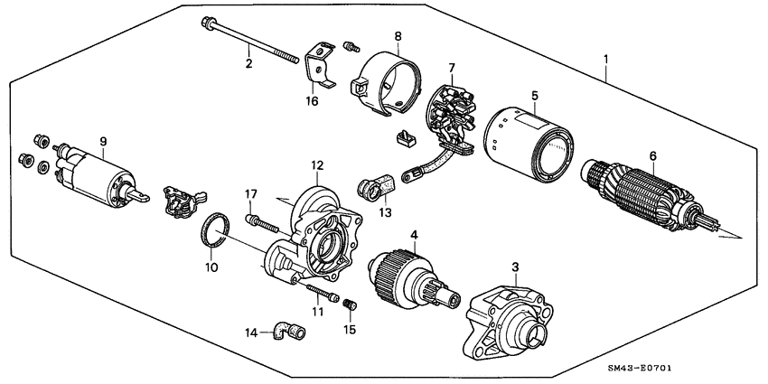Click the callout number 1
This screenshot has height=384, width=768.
[605, 61]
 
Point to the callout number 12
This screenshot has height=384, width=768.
[316, 164]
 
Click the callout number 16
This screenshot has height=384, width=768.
[312, 102]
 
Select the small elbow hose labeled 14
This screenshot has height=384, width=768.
[290, 333]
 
